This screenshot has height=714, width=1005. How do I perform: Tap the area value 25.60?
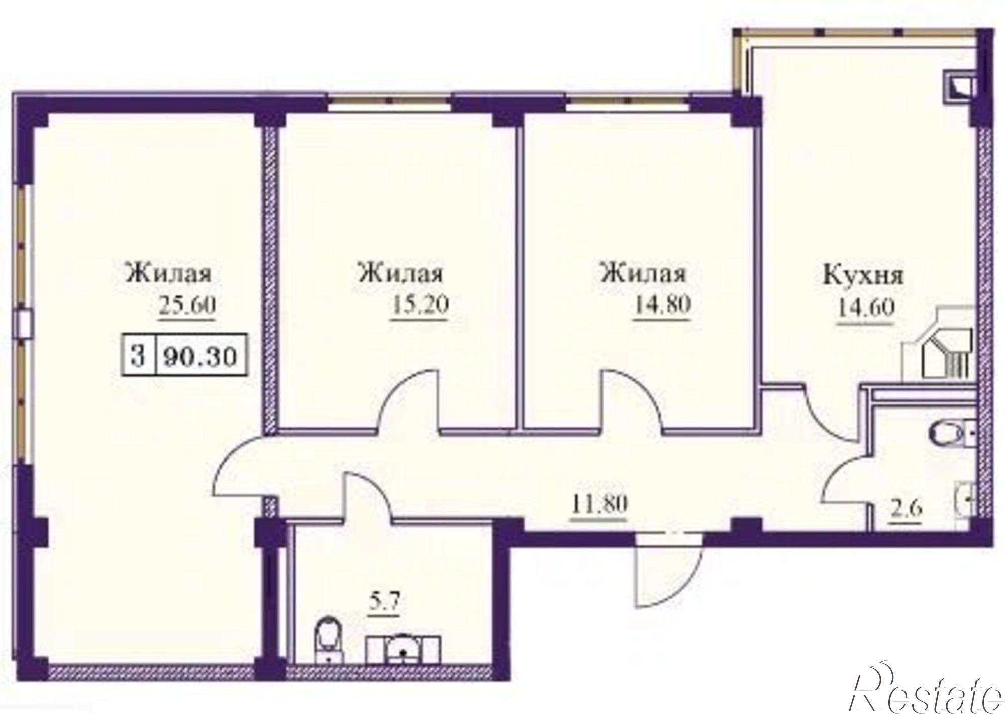187,304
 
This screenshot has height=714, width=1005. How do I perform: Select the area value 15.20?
419,304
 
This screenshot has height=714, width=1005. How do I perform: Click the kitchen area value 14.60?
865,308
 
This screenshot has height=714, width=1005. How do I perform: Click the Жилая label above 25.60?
169,273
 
